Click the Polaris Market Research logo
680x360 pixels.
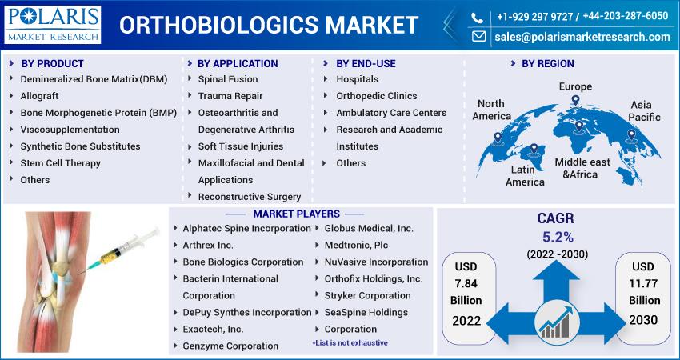53,24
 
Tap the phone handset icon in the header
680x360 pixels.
477,18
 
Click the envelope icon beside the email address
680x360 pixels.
478,37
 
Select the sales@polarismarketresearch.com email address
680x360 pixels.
582,37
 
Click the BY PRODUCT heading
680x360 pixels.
52,63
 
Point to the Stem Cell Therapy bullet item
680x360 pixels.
60,163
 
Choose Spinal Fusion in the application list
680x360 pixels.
228,79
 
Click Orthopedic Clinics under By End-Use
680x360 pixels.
377,96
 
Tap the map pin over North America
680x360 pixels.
498,138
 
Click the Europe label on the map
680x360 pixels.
575,86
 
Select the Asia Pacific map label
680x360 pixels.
644,111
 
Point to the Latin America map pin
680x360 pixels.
534,150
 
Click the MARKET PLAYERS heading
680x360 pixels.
296,214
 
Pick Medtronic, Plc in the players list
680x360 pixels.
356,245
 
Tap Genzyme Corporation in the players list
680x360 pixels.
230,346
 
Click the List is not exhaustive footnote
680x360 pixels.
350,342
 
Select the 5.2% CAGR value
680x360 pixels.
558,237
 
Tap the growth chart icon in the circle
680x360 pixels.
557,322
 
